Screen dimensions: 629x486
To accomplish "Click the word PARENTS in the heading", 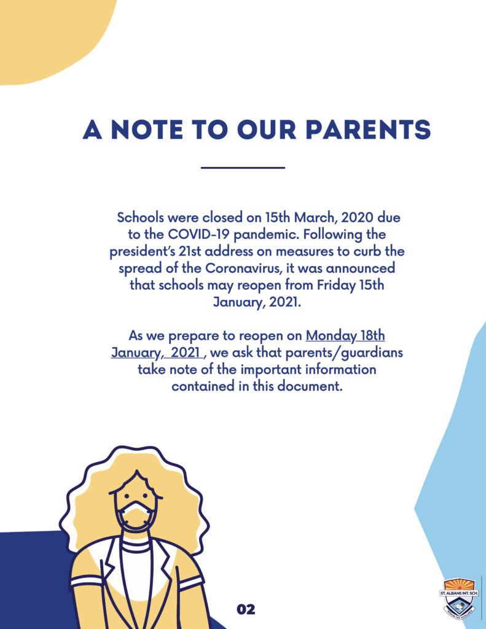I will [x=368, y=130].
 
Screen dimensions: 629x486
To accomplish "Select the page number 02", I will [x=246, y=609].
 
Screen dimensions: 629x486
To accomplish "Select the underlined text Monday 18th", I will [x=345, y=336].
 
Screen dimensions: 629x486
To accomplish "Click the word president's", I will [x=146, y=252].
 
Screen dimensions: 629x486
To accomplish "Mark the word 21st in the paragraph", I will [x=197, y=252].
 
